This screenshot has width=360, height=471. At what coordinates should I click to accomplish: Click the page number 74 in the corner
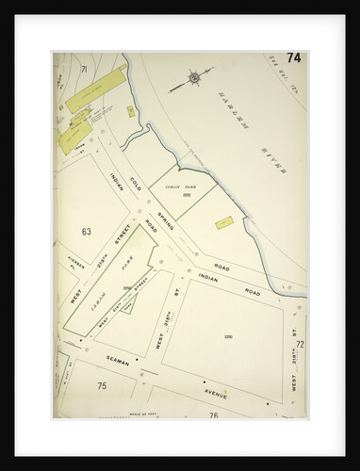295,58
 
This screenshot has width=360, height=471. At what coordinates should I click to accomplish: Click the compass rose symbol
194,79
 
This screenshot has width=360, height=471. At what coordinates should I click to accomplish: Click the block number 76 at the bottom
214,414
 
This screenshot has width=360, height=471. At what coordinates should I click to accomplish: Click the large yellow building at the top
97,88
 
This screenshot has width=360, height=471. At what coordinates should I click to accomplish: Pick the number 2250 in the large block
228,335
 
